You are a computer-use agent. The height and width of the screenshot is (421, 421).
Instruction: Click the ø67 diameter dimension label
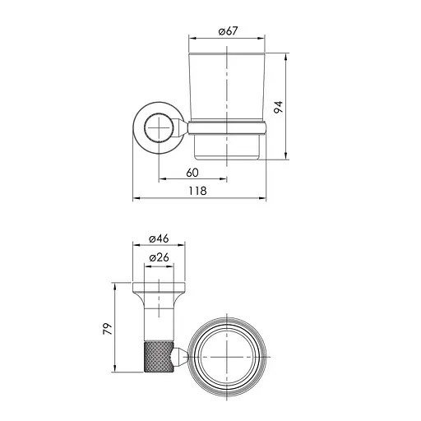click(x=229, y=31)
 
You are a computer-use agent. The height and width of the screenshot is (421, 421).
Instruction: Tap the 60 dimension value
click(x=192, y=173)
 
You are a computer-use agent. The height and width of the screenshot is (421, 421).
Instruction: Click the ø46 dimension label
click(x=159, y=238)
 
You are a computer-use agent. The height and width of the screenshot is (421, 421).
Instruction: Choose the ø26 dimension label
click(x=159, y=258)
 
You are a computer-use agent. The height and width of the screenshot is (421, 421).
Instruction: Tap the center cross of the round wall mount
click(x=157, y=128)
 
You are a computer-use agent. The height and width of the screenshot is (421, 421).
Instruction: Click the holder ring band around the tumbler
click(x=229, y=128)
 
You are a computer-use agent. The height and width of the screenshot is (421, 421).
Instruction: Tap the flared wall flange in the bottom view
click(x=159, y=289)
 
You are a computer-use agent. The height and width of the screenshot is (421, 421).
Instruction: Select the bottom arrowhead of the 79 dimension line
click(x=113, y=372)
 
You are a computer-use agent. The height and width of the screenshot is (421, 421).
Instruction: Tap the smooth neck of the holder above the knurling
click(x=159, y=317)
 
